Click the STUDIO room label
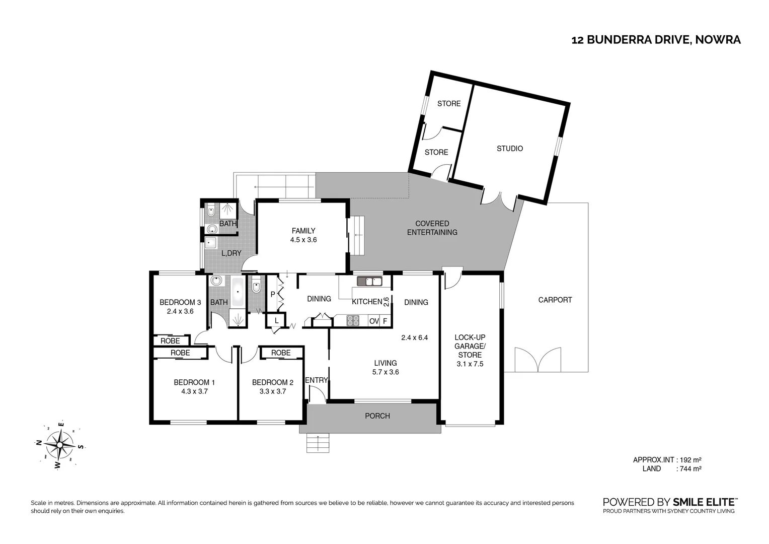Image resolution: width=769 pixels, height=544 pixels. click(x=509, y=149)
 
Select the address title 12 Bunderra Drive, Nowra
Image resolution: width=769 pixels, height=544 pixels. click(x=656, y=40)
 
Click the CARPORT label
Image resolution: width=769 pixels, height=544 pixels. click(x=555, y=300)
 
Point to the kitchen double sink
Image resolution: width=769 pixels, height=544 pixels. click(x=369, y=281)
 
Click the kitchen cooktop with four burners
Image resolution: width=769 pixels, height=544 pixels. click(x=353, y=320)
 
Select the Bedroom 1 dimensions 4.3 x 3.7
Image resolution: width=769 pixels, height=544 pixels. click(x=191, y=391)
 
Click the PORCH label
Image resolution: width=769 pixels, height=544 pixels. click(x=377, y=416)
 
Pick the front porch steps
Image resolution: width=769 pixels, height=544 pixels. click(x=318, y=443)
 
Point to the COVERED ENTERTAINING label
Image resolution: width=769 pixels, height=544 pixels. click(x=432, y=228)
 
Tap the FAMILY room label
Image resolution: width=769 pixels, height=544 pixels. click(x=303, y=231)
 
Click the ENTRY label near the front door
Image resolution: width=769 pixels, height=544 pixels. click(x=316, y=380)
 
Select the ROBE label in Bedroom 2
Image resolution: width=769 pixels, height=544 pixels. click(x=281, y=353)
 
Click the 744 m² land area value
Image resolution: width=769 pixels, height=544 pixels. click(x=690, y=469)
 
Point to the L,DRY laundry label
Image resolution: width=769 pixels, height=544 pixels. click(x=231, y=253)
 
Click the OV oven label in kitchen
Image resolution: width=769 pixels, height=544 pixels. click(x=373, y=321)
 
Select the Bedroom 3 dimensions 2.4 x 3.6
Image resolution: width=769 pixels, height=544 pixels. click(x=180, y=311)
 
